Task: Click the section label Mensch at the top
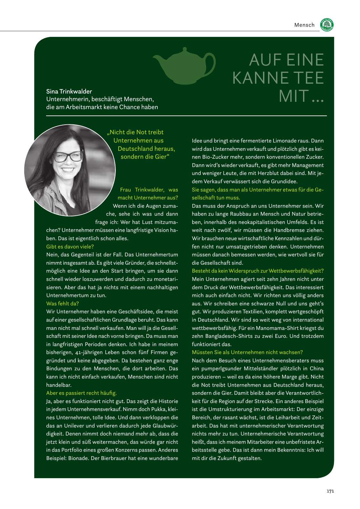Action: click(304, 25)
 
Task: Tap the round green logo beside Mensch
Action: click(327, 25)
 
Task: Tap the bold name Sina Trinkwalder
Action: click(69, 92)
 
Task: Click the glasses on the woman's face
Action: click(68, 156)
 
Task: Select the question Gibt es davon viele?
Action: click(70, 247)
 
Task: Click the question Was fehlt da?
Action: click(62, 303)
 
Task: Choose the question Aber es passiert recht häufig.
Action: click(81, 393)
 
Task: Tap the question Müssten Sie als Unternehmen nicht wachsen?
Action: click(247, 352)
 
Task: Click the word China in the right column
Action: click(316, 368)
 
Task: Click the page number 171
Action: click(330, 491)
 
